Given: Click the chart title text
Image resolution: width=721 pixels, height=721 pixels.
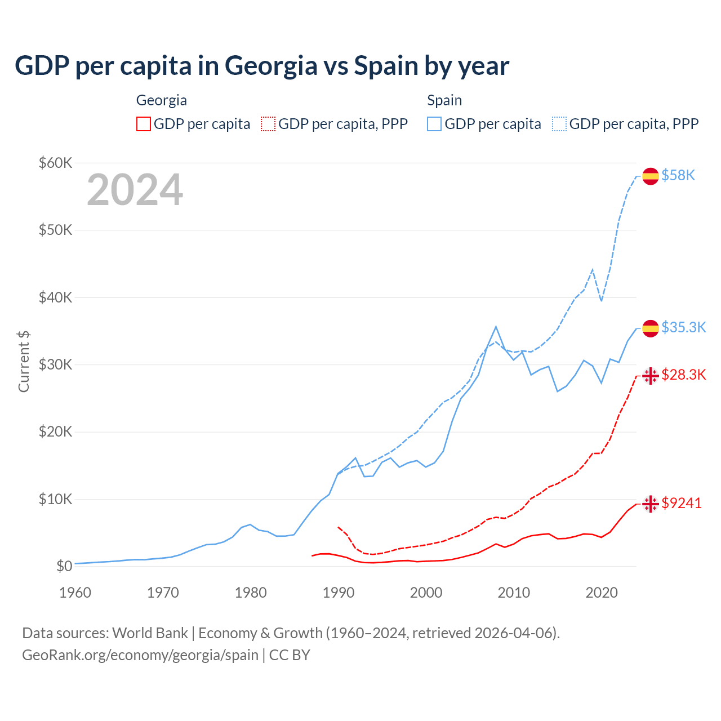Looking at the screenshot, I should tap(262, 66).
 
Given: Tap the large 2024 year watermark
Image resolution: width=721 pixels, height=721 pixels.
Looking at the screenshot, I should tap(135, 190).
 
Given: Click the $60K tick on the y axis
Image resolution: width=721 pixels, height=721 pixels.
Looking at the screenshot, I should tap(55, 163).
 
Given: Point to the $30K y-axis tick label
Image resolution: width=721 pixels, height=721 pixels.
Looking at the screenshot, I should tap(55, 364).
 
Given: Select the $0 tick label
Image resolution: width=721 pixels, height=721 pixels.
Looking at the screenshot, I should tap(64, 566).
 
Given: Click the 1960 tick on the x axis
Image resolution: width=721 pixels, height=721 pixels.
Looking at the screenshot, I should tap(75, 593).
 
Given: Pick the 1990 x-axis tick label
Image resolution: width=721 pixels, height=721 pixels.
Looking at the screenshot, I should tap(338, 593).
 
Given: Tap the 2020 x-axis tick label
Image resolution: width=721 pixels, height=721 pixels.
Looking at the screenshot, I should tap(602, 593).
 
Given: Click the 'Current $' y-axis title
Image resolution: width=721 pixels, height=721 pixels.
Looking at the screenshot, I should tap(24, 361).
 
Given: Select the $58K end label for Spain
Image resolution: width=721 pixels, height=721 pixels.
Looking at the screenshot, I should tap(678, 176).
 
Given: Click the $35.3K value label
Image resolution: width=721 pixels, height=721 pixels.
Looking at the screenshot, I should tap(683, 327).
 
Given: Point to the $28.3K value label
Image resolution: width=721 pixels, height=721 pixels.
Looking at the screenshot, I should tap(683, 375).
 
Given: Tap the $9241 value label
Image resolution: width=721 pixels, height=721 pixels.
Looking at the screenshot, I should tap(682, 503).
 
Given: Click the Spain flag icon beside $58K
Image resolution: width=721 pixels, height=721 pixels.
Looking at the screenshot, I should tap(651, 176).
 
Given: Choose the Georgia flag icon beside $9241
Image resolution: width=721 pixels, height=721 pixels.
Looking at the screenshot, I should tap(651, 504).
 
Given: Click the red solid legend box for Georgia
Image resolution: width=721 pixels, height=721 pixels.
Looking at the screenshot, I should tap(144, 124).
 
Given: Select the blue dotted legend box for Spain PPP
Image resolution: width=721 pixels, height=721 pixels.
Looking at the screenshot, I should tap(559, 124).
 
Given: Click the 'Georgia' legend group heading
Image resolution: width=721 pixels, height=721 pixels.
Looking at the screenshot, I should tap(162, 100).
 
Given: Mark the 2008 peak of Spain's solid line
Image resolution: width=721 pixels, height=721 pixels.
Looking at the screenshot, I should tap(496, 327).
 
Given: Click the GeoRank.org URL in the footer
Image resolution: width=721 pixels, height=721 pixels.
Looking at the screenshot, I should tap(140, 655).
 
